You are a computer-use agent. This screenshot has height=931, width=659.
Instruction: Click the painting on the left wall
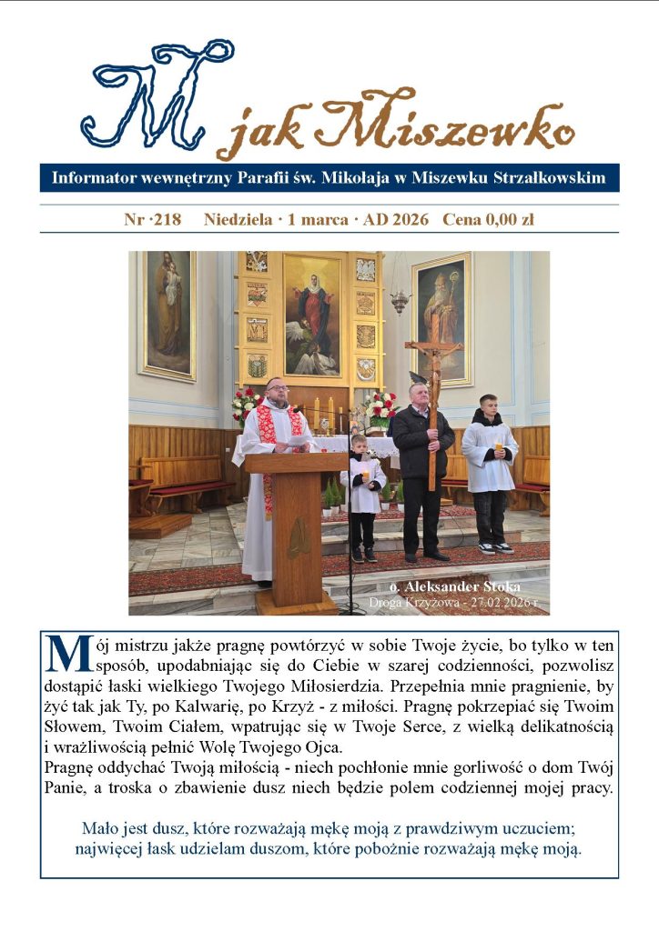[x=167, y=314]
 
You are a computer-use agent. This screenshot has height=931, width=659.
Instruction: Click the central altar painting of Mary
[x=312, y=314]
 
